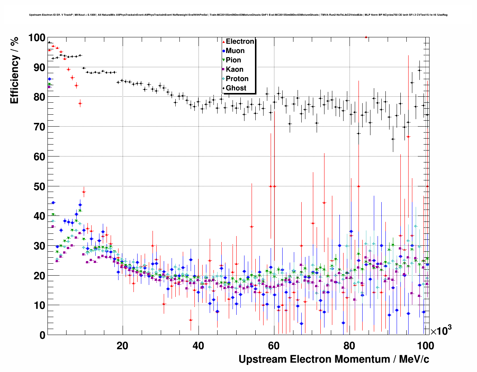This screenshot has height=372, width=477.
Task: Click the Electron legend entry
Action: coord(240,41)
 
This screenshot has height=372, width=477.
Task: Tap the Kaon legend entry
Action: coord(234,69)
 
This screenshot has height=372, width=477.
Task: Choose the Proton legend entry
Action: coord(237,79)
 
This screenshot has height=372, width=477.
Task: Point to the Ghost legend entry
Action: coord(236,88)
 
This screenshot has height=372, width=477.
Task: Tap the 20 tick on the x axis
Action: coord(122,346)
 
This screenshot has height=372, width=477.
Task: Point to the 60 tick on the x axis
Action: coord(274,346)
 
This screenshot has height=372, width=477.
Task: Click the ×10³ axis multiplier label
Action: coord(441,331)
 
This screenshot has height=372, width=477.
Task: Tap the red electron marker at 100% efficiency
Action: coord(366,37)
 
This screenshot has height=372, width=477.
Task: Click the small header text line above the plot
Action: coord(238,15)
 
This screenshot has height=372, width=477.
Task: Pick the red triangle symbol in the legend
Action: coord(224,41)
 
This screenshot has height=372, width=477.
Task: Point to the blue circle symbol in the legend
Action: coord(224,51)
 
